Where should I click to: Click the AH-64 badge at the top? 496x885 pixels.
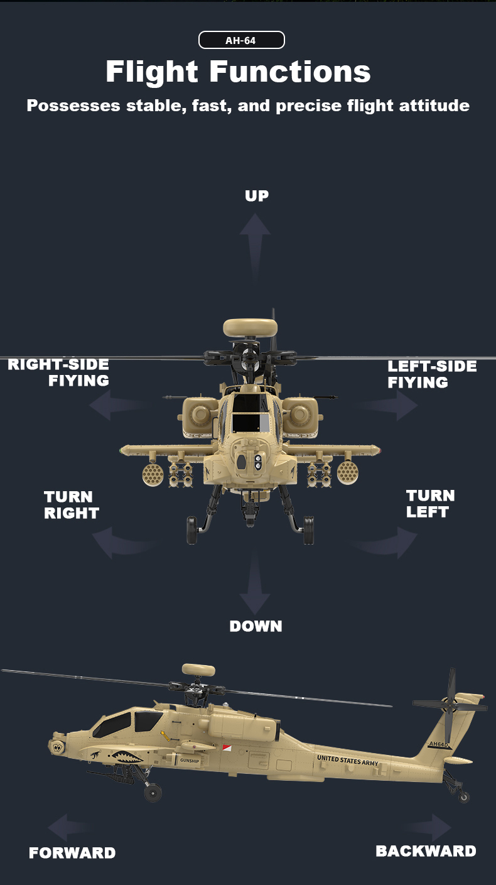[241, 41]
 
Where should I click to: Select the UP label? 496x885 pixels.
[256, 196]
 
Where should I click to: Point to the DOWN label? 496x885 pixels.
[256, 626]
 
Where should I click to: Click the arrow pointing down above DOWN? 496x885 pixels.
[255, 587]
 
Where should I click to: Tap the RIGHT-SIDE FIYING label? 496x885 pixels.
[59, 372]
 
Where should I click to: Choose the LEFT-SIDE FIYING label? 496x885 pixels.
[431, 374]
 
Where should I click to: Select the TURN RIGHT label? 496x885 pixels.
[71, 505]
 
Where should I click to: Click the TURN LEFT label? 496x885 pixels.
[430, 504]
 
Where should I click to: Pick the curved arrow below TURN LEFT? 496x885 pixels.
[388, 541]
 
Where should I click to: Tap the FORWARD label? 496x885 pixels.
[72, 853]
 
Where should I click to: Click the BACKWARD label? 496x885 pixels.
[426, 851]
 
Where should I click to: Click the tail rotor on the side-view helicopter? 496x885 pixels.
[450, 706]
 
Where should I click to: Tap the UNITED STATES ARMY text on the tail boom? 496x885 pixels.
[348, 760]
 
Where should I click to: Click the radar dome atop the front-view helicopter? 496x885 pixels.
[250, 327]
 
